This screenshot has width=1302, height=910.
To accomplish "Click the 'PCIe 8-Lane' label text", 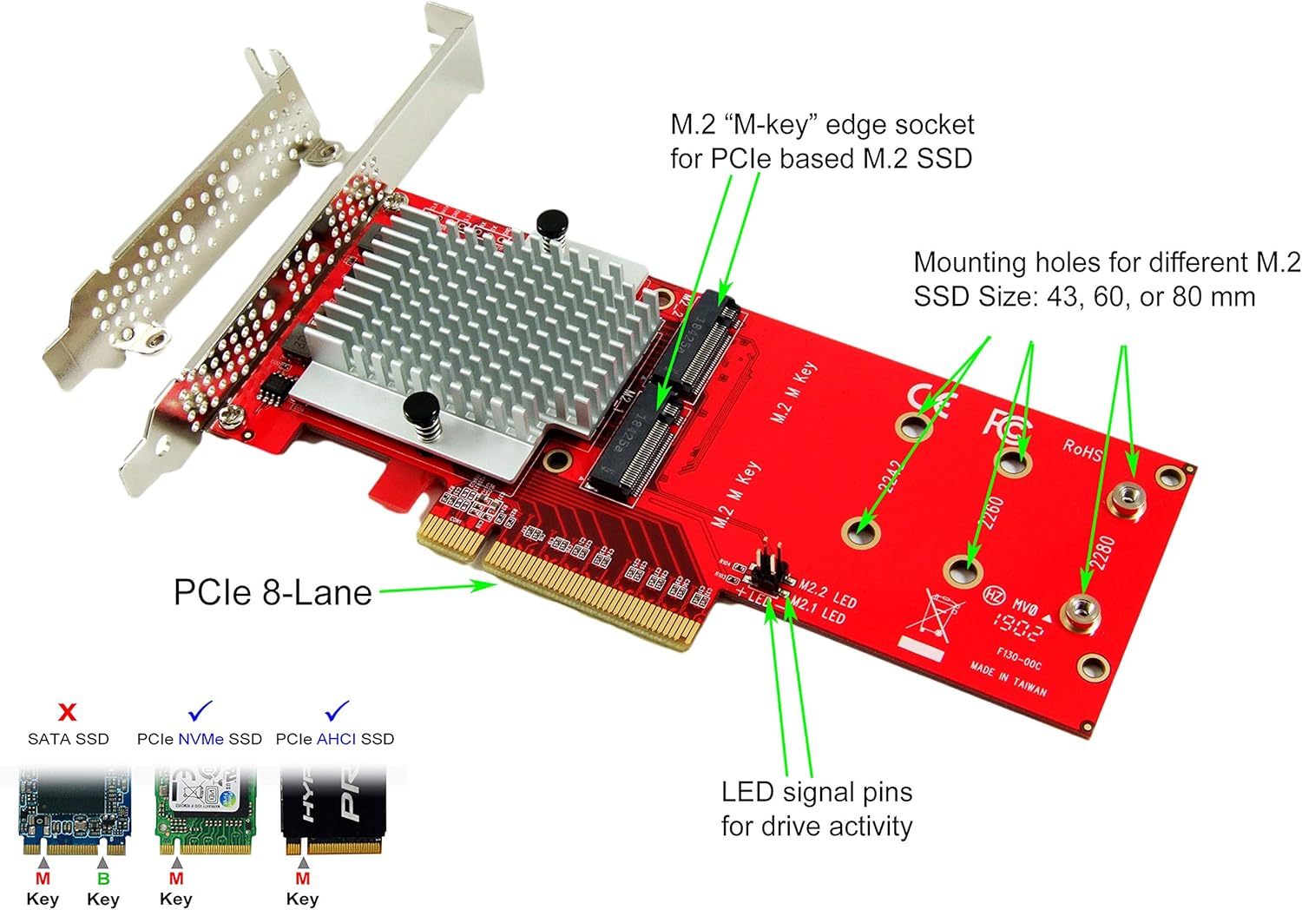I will [x=273, y=592].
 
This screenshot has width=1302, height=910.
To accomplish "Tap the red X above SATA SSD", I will [x=67, y=713].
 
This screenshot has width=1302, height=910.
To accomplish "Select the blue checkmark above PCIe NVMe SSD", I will [x=200, y=711].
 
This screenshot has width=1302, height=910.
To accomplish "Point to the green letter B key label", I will [x=103, y=879].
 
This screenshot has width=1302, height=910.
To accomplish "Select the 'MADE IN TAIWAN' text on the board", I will [x=1008, y=678].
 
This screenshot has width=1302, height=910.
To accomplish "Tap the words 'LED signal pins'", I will [x=817, y=792].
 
